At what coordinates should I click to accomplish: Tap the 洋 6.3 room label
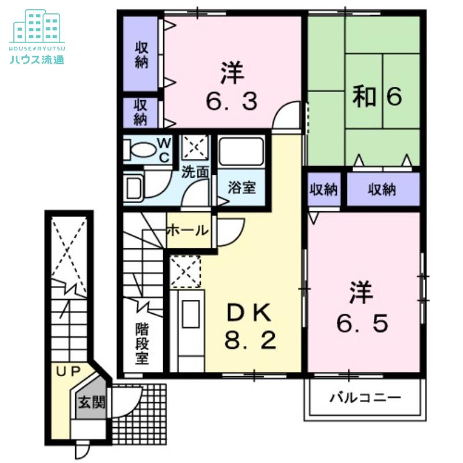231,86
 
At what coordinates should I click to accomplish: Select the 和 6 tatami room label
377,95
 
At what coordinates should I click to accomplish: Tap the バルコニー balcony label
365,398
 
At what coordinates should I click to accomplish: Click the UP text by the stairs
68,372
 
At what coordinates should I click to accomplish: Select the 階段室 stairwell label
142,343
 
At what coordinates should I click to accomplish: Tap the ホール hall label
188,230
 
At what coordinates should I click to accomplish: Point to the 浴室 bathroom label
242,187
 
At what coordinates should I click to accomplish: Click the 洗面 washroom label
195,171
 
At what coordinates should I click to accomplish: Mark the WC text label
164,150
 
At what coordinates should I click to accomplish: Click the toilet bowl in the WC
139,150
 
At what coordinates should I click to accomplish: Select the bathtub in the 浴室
241,151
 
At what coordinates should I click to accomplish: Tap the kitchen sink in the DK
190,314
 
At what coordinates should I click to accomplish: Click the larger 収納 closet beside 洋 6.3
141,53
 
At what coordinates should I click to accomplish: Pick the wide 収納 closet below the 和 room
383,189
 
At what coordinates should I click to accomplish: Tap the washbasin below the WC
133,187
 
